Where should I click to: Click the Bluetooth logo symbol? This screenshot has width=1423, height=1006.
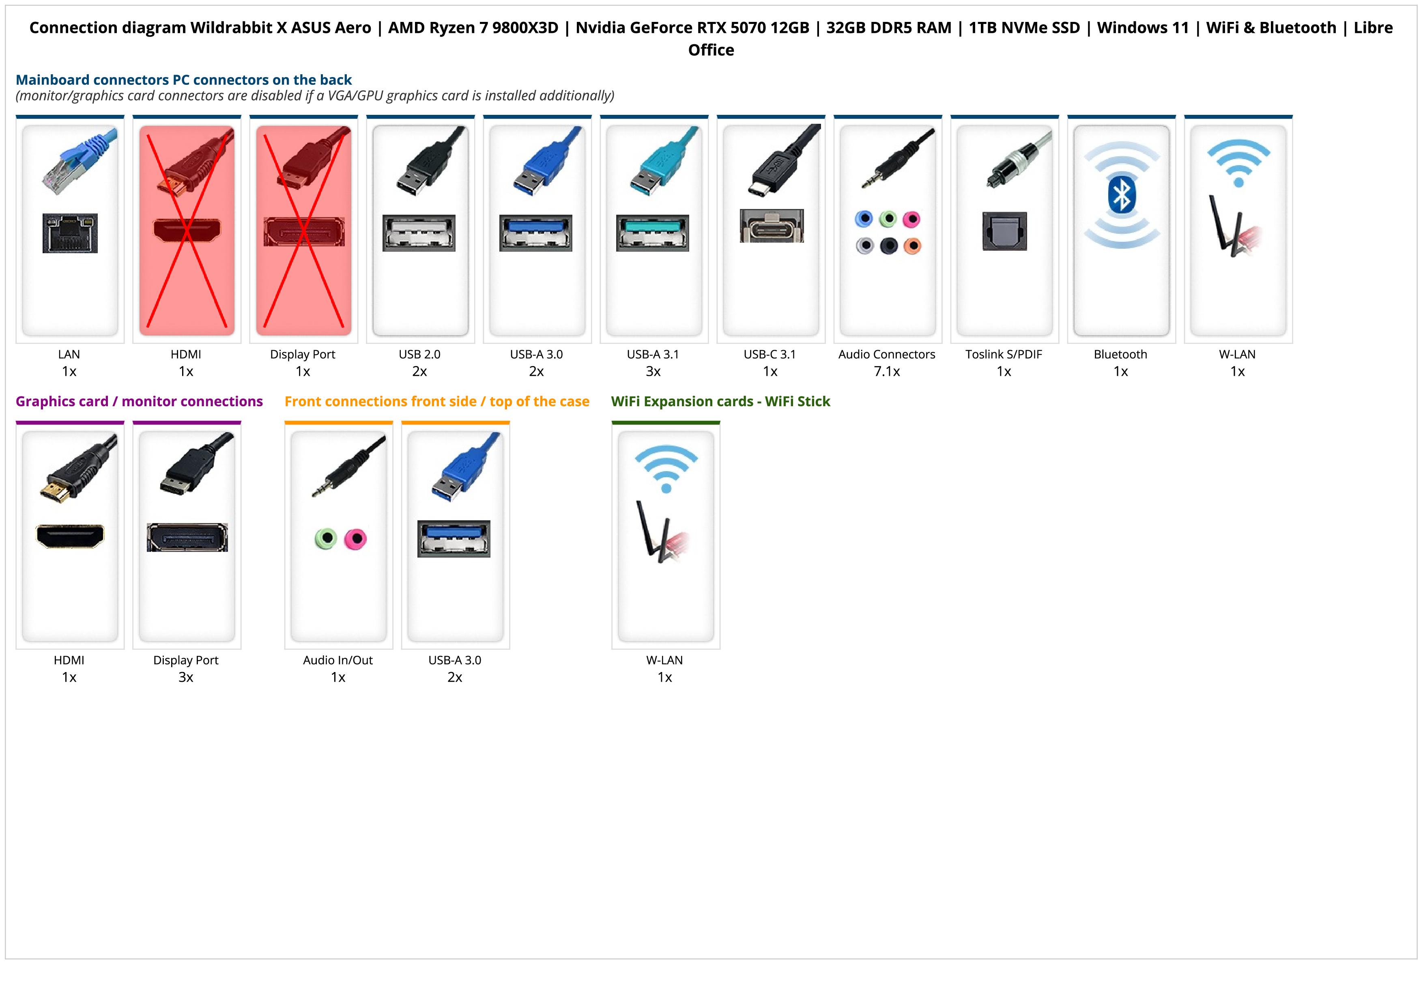click(1121, 195)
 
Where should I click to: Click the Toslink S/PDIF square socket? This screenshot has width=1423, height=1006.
click(1005, 231)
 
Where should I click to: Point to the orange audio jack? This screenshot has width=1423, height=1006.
click(912, 246)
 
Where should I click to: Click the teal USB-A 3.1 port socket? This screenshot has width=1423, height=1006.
click(653, 233)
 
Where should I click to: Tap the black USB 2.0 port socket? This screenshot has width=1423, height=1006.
click(419, 233)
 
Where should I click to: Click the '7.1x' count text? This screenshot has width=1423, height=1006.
click(886, 371)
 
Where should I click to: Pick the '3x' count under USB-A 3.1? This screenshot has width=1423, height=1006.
click(653, 371)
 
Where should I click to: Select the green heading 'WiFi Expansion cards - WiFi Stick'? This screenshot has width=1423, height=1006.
click(720, 402)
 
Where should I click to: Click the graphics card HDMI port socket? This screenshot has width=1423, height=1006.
click(70, 536)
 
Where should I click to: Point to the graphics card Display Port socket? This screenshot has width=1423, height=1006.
click(187, 537)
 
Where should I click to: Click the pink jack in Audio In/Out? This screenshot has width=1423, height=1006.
click(355, 539)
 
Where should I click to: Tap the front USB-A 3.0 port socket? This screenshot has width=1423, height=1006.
click(454, 539)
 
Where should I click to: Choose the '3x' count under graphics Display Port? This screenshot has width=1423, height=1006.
click(186, 677)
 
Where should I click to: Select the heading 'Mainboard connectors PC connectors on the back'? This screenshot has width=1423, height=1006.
click(183, 80)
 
